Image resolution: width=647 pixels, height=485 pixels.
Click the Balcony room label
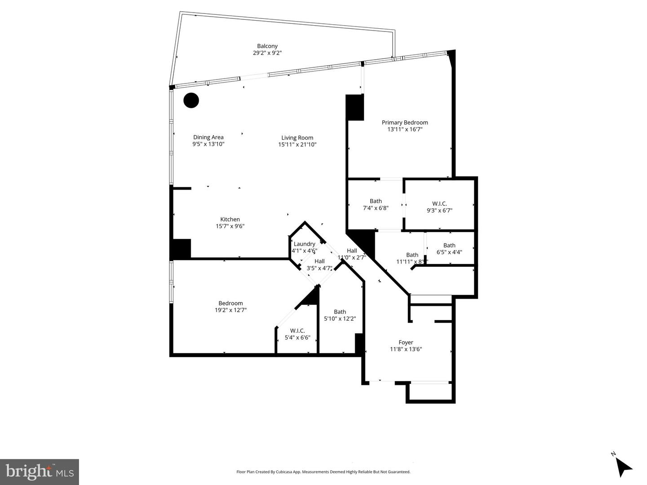267,46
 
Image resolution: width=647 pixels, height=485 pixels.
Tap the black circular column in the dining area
191,100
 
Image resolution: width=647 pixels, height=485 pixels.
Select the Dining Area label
208,137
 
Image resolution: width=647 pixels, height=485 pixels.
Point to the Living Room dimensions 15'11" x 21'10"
297,145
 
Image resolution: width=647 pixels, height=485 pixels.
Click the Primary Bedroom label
404,123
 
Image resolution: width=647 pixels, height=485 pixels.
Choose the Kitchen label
230,220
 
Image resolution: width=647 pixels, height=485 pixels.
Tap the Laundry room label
304,244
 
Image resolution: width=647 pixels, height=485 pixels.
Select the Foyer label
405,342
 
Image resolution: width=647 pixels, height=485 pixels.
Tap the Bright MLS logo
40,472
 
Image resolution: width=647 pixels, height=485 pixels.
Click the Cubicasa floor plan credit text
323,472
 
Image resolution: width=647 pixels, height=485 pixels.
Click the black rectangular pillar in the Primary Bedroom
355,107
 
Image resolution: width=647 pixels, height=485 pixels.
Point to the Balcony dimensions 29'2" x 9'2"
267,53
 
